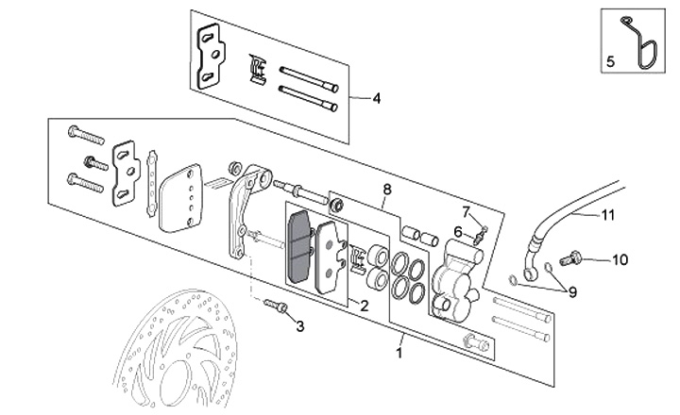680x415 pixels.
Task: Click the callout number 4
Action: click(x=377, y=98)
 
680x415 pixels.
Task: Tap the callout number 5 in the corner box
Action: click(x=610, y=61)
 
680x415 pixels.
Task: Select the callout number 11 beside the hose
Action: click(x=608, y=214)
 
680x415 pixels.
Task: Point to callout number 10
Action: click(x=620, y=260)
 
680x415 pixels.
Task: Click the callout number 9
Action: click(x=572, y=292)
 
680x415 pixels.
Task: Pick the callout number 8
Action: click(x=387, y=190)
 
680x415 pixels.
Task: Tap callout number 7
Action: click(x=467, y=212)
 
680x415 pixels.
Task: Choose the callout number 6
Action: click(x=458, y=232)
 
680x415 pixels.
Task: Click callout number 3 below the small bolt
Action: click(x=300, y=326)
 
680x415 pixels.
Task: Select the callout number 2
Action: click(x=364, y=306)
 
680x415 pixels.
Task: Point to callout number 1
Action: click(x=399, y=353)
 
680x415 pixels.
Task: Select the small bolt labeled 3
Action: click(x=276, y=305)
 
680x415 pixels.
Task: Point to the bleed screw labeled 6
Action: click(x=479, y=237)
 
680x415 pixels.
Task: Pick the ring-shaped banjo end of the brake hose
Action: click(x=530, y=272)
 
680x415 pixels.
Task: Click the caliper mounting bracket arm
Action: click(x=245, y=207)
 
